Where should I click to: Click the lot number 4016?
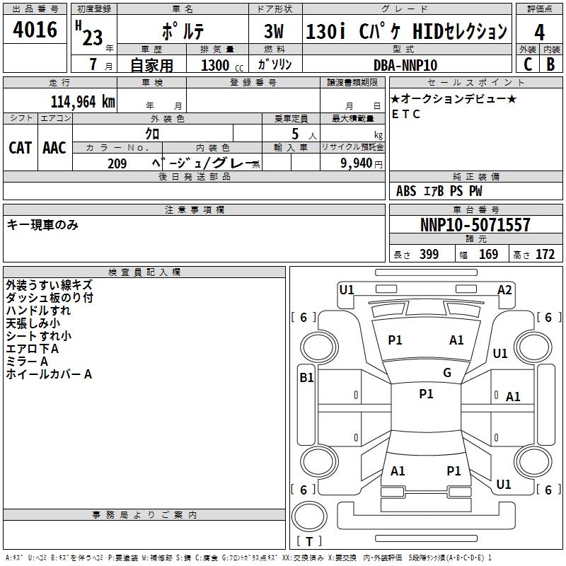(35, 30)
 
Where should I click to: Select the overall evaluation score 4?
(539, 32)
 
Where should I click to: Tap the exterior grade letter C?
(527, 64)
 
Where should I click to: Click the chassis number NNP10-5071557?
(475, 225)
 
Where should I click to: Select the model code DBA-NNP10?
(405, 65)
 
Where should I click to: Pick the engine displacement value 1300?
(215, 65)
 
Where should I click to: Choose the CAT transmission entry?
(20, 147)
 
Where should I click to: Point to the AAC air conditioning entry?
(54, 147)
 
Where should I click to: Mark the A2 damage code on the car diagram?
(504, 289)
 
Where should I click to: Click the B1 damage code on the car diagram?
(306, 378)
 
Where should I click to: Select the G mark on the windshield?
(447, 373)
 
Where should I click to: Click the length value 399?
(429, 255)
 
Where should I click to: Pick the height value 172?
(545, 255)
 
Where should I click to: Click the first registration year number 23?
(92, 37)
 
